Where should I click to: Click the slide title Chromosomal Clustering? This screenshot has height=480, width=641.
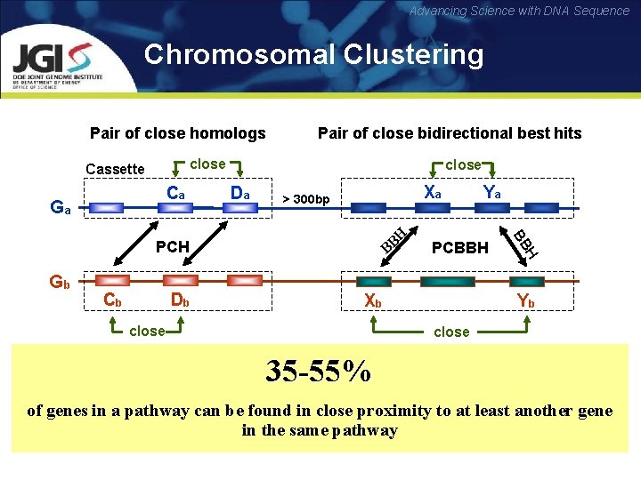tap(313, 55)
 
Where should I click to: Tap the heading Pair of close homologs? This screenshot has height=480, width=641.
tap(178, 133)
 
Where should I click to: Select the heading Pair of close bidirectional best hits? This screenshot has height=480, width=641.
tap(449, 133)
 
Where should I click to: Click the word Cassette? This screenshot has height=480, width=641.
tap(114, 169)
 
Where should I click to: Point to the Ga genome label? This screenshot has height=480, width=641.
tap(61, 207)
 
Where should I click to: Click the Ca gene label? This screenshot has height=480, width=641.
tap(176, 192)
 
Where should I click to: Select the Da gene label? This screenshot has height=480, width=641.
tap(239, 192)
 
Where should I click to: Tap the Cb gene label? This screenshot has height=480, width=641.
tap(113, 300)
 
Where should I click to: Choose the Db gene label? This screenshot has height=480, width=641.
tap(180, 300)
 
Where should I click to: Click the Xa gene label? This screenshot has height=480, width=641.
tap(433, 192)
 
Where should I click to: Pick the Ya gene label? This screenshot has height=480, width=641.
tap(491, 192)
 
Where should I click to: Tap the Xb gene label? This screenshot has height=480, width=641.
tap(373, 300)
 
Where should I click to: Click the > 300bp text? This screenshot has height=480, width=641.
tap(305, 197)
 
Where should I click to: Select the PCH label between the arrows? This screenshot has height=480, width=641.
tap(173, 245)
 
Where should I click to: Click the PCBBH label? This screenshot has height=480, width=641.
tap(460, 246)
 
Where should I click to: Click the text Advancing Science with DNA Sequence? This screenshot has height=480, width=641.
tap(519, 11)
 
